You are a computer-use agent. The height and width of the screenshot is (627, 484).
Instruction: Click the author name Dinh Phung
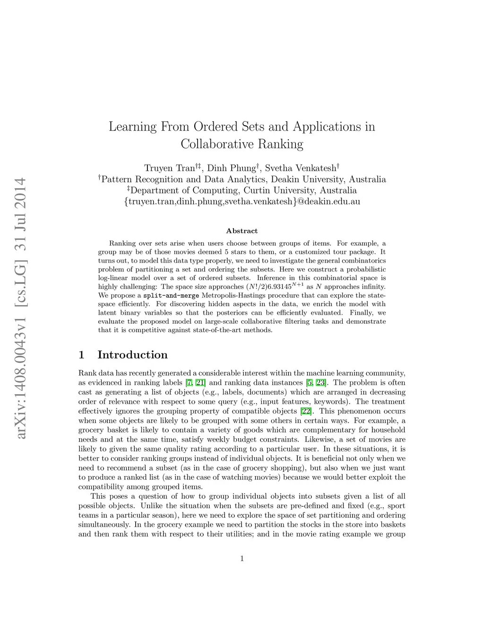pyautogui.click(x=231, y=168)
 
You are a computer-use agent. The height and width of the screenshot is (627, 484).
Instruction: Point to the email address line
pyautogui.click(x=242, y=202)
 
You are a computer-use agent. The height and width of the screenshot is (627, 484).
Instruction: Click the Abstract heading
pyautogui.click(x=242, y=231)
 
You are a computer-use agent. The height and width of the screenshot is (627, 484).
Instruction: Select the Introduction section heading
pyautogui.click(x=132, y=355)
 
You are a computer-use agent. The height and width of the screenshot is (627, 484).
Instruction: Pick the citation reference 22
pyautogui.click(x=306, y=411)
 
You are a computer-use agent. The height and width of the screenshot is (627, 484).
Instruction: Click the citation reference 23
pyautogui.click(x=321, y=383)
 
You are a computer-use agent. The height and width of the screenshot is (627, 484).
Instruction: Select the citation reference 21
pyautogui.click(x=200, y=383)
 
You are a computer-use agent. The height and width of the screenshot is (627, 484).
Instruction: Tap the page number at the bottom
pyautogui.click(x=242, y=559)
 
